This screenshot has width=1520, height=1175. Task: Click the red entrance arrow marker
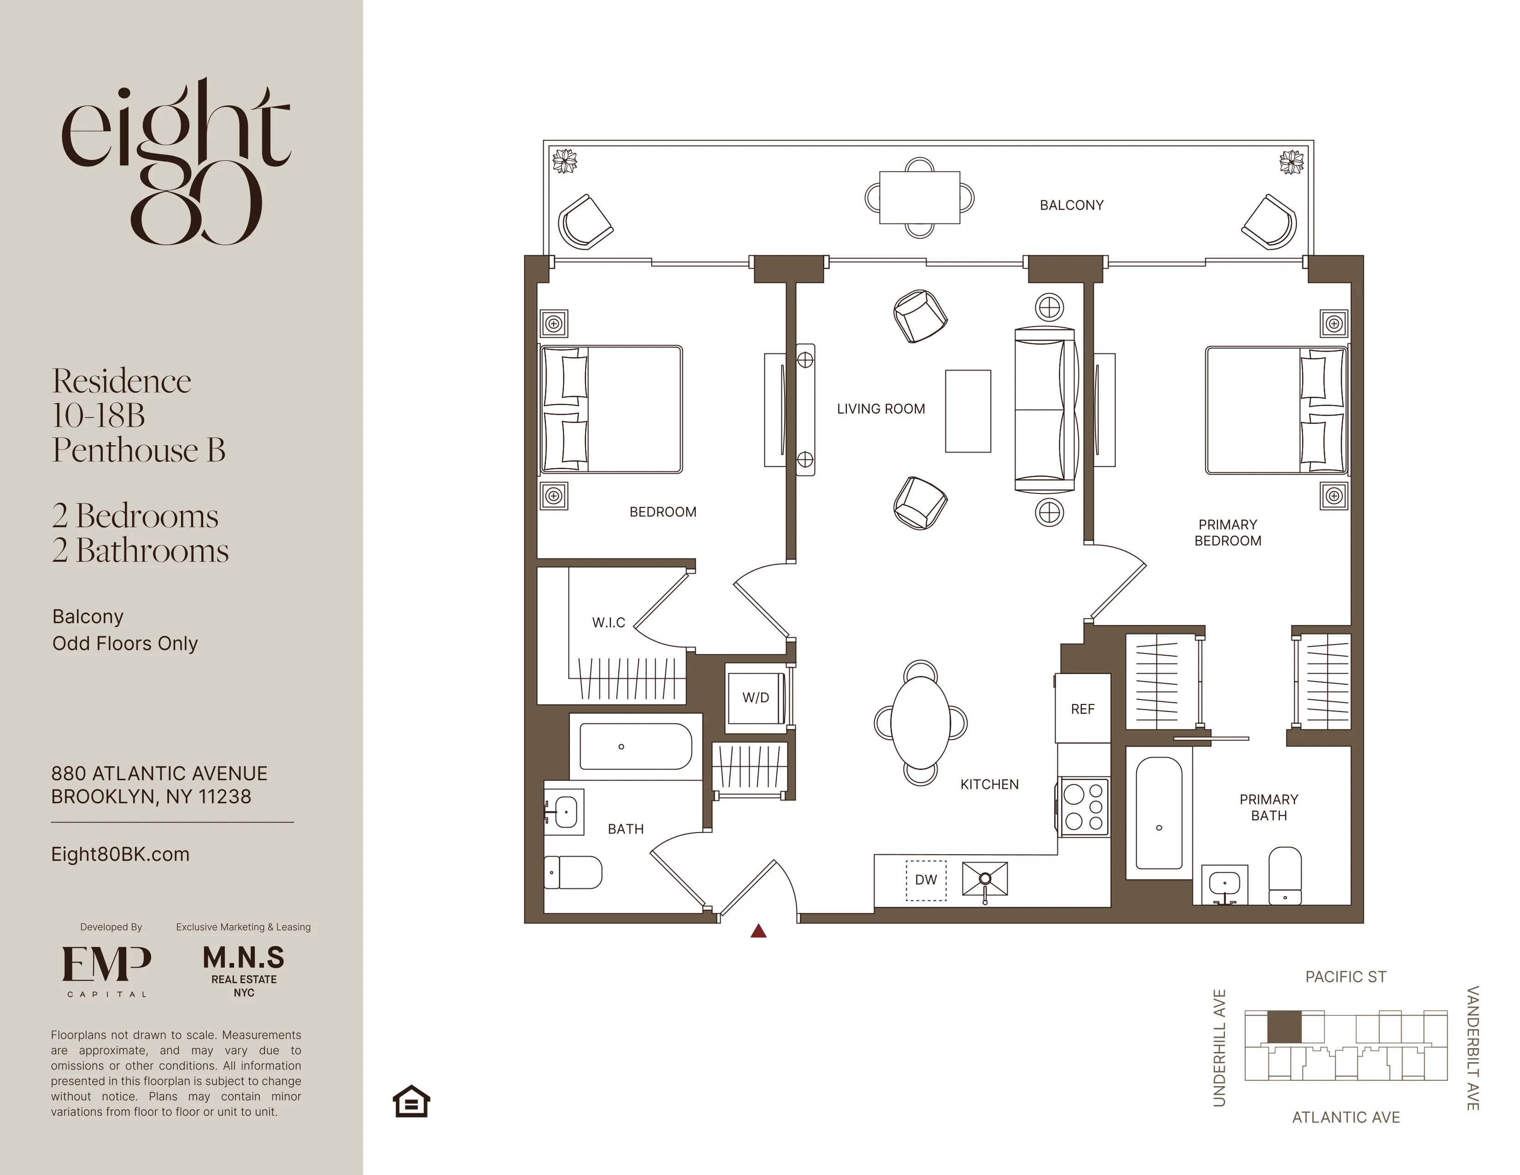[758, 931]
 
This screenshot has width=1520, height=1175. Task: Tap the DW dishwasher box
[926, 880]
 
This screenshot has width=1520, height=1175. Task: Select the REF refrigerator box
[1082, 709]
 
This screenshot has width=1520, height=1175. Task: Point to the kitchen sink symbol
[985, 879]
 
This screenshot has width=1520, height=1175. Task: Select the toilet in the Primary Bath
[1285, 875]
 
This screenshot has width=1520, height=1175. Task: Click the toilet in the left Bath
[572, 872]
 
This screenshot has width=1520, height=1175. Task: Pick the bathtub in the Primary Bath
[1159, 813]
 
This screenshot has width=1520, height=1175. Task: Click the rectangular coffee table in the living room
[968, 411]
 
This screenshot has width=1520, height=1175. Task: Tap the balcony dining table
[919, 198]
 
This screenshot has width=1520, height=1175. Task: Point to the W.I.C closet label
[608, 623]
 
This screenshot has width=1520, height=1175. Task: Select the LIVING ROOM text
[880, 409]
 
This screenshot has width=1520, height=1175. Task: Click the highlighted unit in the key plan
[1283, 1027]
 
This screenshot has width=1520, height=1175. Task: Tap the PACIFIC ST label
[1345, 976]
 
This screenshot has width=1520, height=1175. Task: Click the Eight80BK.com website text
[120, 854]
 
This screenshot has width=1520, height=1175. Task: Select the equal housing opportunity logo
[411, 1101]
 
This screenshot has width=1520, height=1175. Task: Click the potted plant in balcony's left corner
[564, 161]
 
